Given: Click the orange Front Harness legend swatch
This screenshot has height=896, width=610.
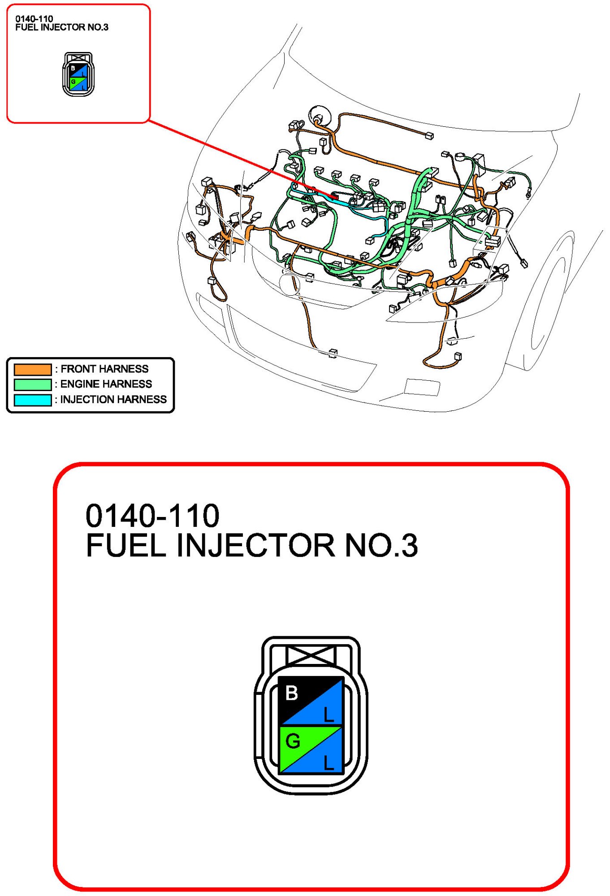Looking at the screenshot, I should pos(33,369).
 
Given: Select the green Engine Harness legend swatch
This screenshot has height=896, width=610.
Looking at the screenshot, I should pos(33,384).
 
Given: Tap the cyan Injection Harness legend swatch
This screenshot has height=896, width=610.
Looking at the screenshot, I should pos(33,400).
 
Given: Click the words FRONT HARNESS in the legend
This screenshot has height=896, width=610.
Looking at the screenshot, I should pos(104,369).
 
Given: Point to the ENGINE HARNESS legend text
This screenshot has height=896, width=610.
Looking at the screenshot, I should pos(106,384).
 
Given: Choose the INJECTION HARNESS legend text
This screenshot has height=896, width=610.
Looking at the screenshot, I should pos(113,400).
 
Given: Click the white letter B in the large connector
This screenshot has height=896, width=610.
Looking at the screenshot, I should pos(292,693).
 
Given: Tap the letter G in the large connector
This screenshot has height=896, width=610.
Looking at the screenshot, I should pos(293,741).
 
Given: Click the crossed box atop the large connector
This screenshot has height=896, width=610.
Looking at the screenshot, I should pos(311,655).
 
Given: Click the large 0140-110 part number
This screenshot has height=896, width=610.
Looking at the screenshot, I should pos(152,516).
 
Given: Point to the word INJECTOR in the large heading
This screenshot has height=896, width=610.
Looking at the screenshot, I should pos(255,546).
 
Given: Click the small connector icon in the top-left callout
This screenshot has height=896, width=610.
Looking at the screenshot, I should pos(78,74).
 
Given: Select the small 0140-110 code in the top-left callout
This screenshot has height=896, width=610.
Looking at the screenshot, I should pos(34,19).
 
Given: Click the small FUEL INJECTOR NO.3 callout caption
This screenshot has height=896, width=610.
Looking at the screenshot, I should pos(62,27).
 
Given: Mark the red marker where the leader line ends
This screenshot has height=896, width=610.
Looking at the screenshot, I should pos(334,196).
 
